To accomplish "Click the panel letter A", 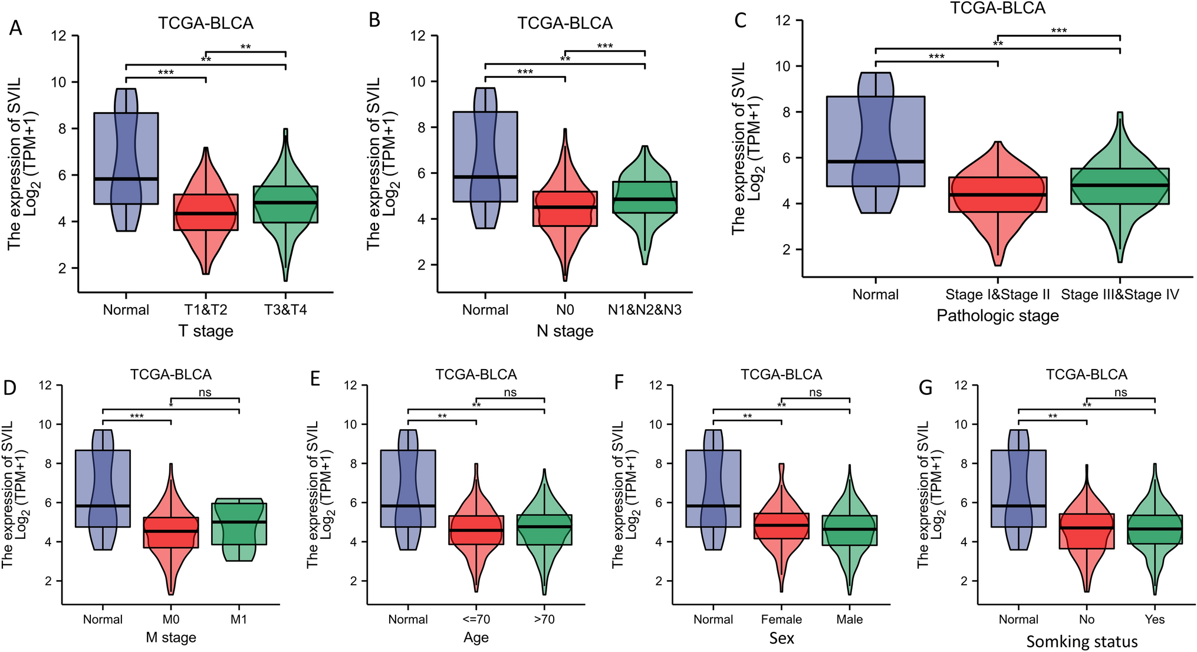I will click(15, 28).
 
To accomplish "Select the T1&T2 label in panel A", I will click(205, 310).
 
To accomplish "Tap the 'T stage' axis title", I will click(206, 331).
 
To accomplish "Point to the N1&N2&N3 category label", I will click(644, 310).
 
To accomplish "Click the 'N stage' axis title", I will click(565, 331).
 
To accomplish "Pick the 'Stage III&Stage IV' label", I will click(1119, 295).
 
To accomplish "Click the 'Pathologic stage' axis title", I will click(998, 316).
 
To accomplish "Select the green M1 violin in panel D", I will click(239, 525).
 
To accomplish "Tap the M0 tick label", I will click(170, 620).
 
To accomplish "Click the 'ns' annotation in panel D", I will click(205, 393).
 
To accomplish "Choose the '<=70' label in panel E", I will click(476, 620).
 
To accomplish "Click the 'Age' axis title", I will click(476, 638).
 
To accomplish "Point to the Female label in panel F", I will click(781, 620).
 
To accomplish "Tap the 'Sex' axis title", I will click(781, 638).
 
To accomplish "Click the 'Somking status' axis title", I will click(1082, 641).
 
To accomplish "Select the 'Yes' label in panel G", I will click(1154, 620).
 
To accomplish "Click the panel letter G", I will click(926, 387).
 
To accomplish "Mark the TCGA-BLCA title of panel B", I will click(565, 23).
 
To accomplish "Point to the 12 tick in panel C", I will click(782, 20).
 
